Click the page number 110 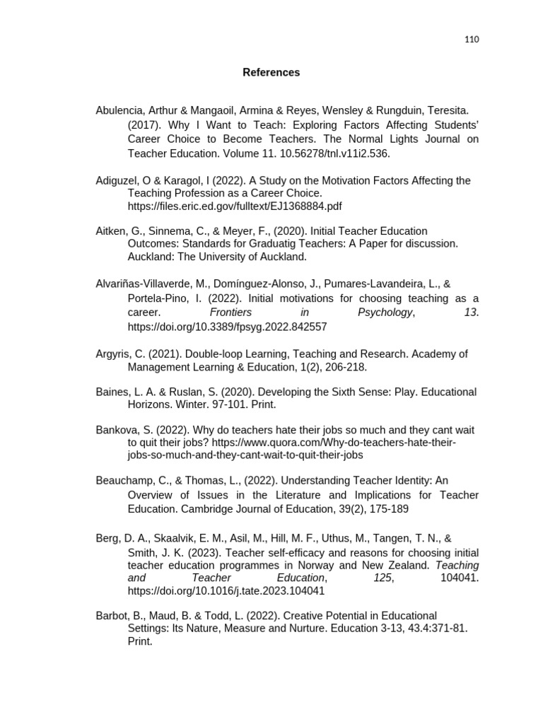[x=472, y=40]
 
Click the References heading [x=271, y=72]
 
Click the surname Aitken [x=112, y=230]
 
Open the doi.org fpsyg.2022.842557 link [x=227, y=327]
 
